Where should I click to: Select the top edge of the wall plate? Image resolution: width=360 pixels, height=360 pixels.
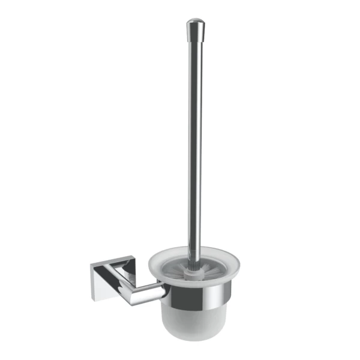coord(108,262)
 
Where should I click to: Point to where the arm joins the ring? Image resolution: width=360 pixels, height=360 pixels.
coord(164,292)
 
